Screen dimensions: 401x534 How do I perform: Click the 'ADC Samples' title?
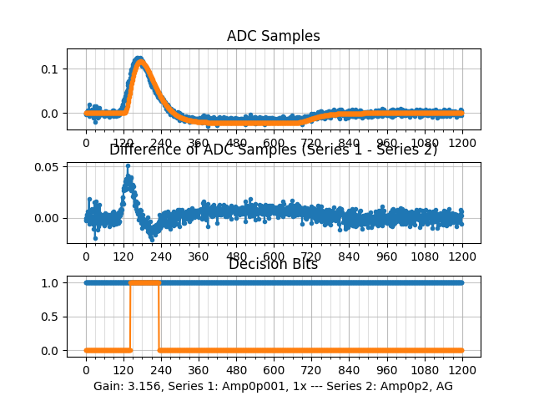coord(273,37)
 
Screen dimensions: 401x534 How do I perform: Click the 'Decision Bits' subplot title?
coord(273,265)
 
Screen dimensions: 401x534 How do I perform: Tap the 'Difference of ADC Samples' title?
coord(273,150)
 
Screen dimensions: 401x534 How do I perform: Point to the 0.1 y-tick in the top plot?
coord(51,69)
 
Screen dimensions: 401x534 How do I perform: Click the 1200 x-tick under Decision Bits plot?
coord(462,370)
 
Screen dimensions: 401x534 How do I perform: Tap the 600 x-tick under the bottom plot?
coord(274,370)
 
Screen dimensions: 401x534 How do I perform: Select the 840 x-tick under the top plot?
coord(349,143)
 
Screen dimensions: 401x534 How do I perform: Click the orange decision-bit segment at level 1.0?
coord(144,282)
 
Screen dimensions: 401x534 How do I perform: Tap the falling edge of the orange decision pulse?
coord(159,317)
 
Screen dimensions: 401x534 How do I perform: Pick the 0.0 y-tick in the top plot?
coord(51,113)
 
